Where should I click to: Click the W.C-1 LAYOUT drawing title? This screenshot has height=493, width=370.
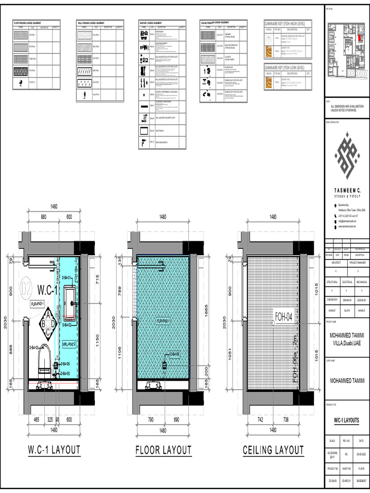click(53, 450)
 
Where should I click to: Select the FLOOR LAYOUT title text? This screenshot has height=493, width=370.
click(163, 450)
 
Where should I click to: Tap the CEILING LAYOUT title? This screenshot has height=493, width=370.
click(273, 450)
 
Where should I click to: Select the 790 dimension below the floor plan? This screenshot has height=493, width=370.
click(150, 420)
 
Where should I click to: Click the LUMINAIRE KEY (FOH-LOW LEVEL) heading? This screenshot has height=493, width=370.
click(288, 67)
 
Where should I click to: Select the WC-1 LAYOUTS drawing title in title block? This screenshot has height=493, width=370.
click(347, 420)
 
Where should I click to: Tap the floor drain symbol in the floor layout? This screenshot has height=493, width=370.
click(164, 366)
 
